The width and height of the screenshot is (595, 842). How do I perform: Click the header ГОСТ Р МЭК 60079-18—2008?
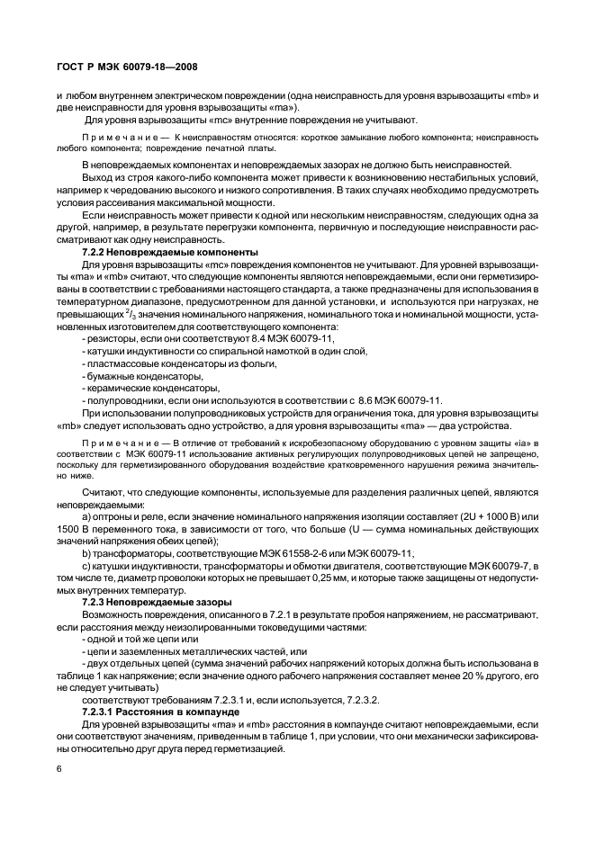pyautogui.click(x=128, y=66)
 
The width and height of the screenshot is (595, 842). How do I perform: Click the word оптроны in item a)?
pyautogui.click(x=117, y=519)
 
